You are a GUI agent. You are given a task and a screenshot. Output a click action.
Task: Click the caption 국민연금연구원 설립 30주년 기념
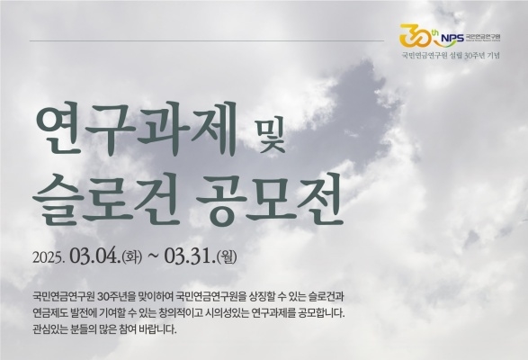click(451, 56)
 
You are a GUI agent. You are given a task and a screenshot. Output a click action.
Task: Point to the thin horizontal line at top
click(207, 41)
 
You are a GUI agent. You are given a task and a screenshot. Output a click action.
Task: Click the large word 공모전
click(269, 198)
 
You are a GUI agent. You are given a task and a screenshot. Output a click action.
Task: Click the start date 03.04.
click(94, 256)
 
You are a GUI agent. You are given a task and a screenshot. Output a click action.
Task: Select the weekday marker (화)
click(132, 257)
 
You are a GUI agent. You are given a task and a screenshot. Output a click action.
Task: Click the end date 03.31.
click(190, 256)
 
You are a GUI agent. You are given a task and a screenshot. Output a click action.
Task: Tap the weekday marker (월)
click(228, 257)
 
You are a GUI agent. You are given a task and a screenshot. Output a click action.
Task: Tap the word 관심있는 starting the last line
click(49, 329)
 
